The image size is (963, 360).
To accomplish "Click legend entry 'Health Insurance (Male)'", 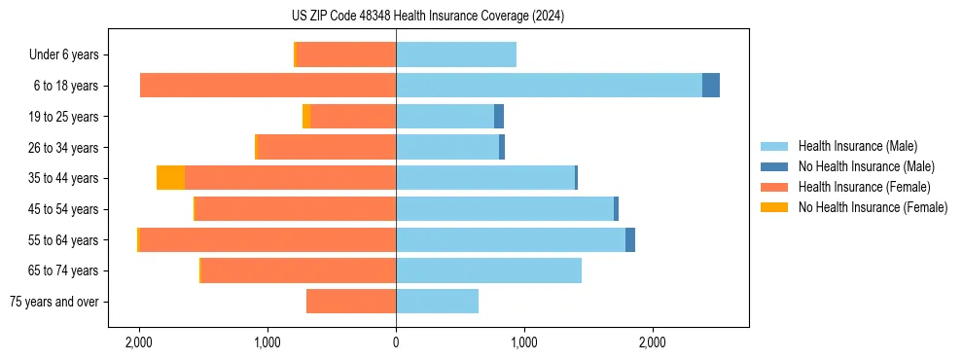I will tap(857, 146).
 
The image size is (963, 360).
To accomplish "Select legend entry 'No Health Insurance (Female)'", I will tap(873, 207).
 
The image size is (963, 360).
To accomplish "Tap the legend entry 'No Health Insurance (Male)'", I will tap(866, 166).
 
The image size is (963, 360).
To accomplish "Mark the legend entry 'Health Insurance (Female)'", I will tap(864, 187).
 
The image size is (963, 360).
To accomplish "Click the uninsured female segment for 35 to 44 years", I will tap(171, 178).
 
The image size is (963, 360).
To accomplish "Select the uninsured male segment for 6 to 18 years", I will tap(711, 86).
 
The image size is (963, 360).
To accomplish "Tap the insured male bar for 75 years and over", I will tap(437, 302).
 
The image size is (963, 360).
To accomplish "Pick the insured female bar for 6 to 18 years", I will tap(267, 86).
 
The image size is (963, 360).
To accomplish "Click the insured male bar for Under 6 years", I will tap(455, 54).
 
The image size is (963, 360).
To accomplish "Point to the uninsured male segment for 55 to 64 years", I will tap(630, 239).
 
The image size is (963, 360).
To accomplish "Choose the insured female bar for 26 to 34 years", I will tap(326, 147).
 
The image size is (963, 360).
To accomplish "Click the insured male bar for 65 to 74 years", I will tap(488, 270).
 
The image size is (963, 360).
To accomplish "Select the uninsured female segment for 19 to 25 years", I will tap(306, 117).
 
